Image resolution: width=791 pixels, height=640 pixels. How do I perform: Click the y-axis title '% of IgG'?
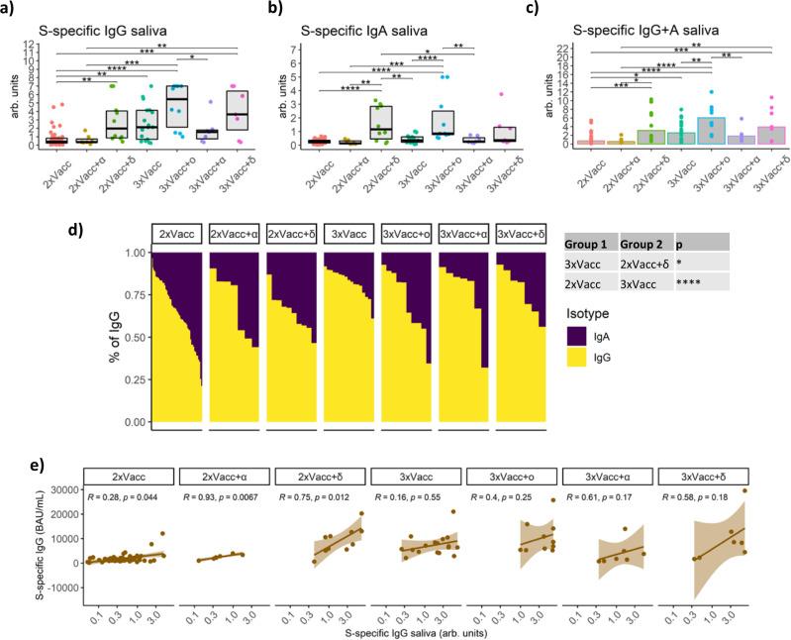[x=100, y=337]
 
